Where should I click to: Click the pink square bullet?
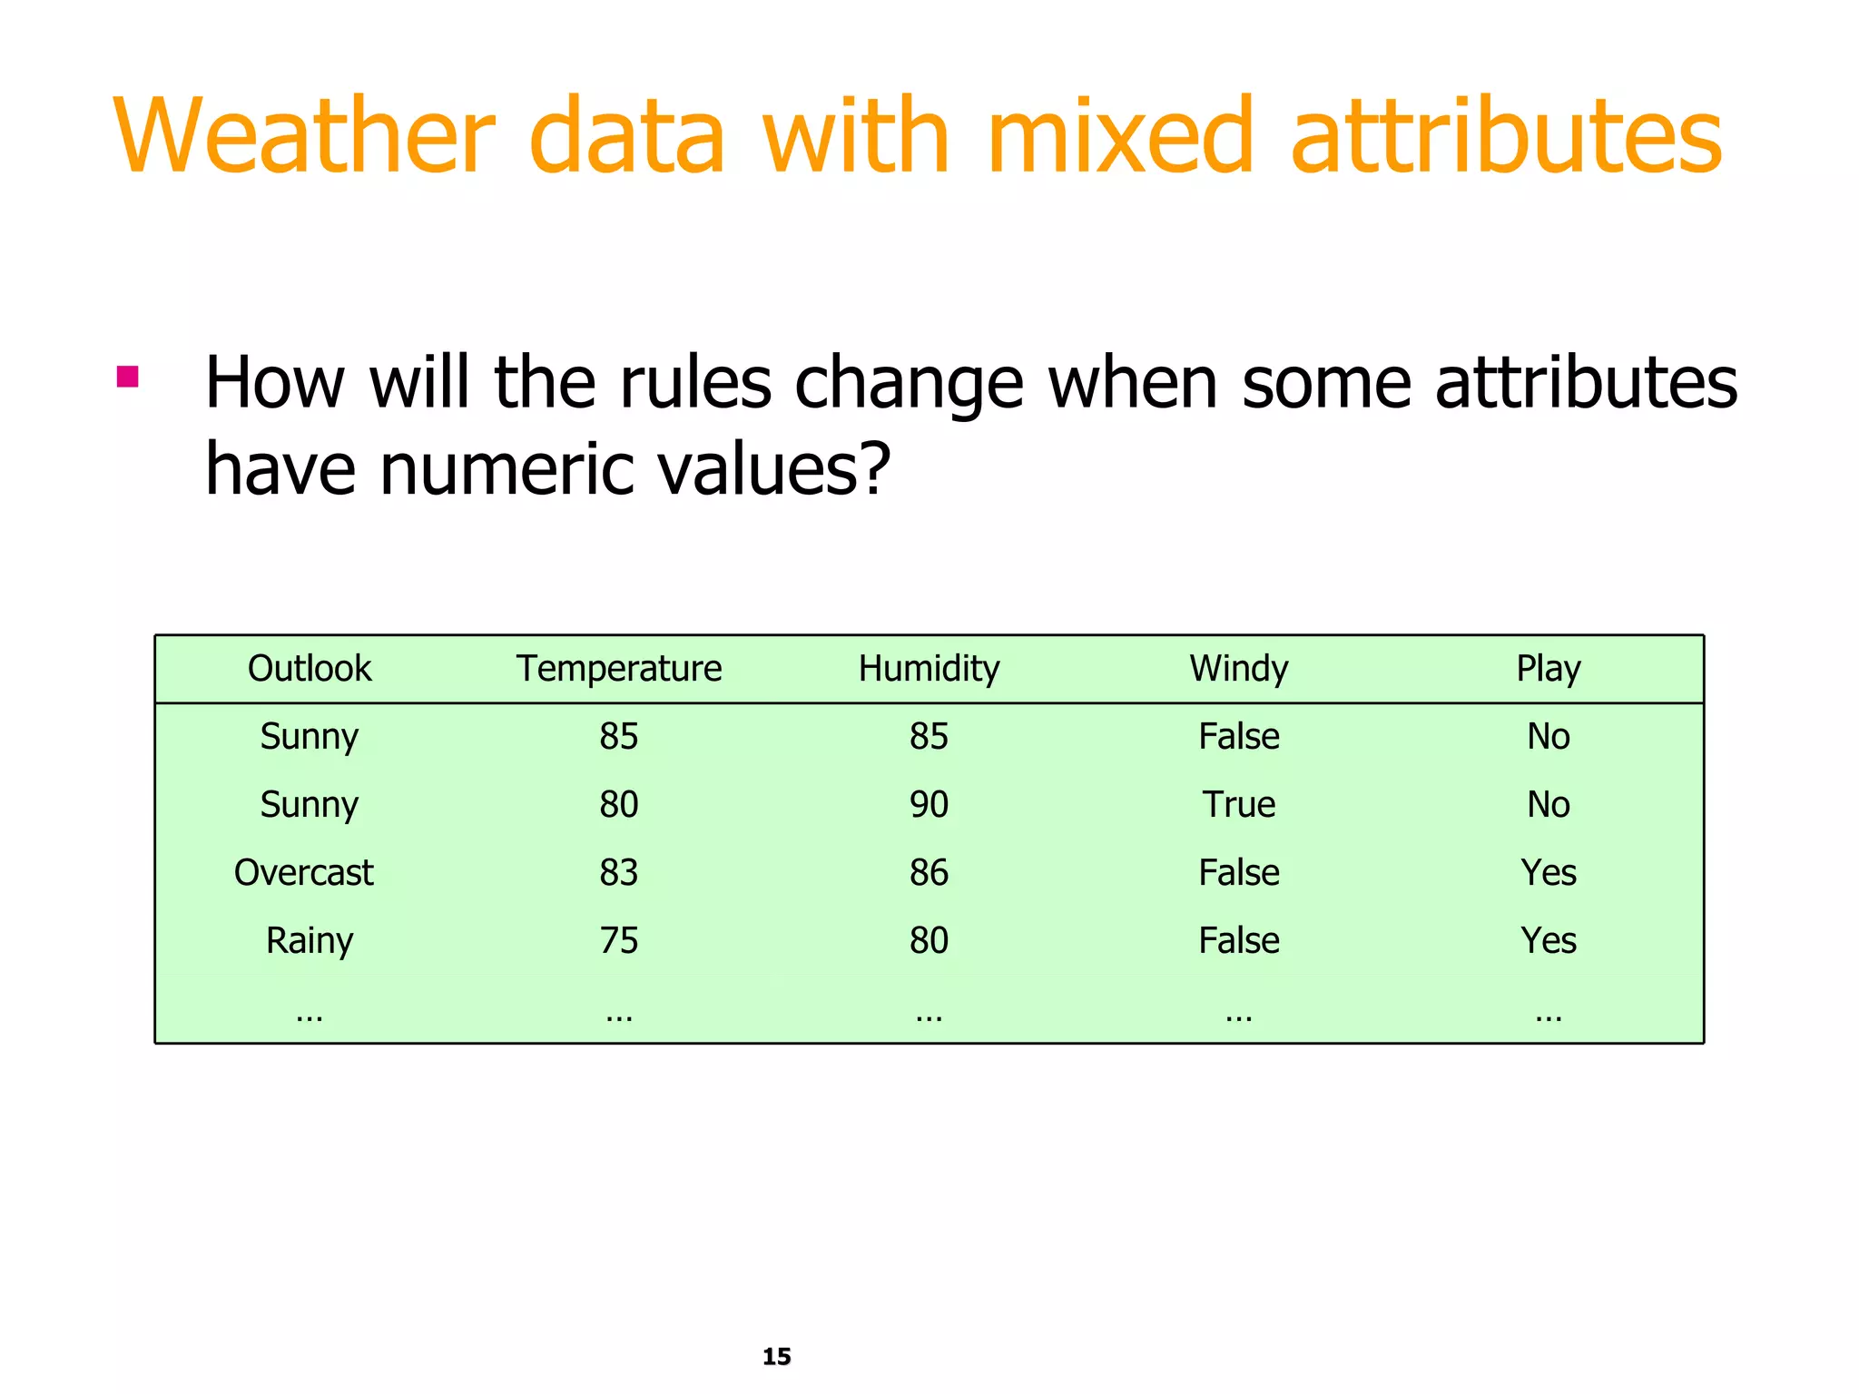pyautogui.click(x=128, y=376)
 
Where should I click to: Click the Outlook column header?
pyautogui.click(x=310, y=669)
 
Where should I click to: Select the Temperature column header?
pyautogui.click(x=619, y=669)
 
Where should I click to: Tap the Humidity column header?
pyautogui.click(x=929, y=669)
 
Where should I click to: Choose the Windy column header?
pyautogui.click(x=1239, y=669)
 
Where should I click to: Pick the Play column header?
pyautogui.click(x=1549, y=669)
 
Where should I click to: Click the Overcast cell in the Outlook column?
pyautogui.click(x=304, y=873)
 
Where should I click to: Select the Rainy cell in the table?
pyautogui.click(x=310, y=941)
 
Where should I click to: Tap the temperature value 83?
pyautogui.click(x=619, y=873)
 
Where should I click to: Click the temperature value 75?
pyautogui.click(x=619, y=941)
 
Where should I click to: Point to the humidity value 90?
pyautogui.click(x=929, y=805)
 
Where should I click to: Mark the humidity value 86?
pyautogui.click(x=929, y=873)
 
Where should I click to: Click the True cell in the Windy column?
pyautogui.click(x=1239, y=805)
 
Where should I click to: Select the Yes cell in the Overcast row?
pyautogui.click(x=1549, y=873)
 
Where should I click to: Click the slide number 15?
pyautogui.click(x=777, y=1357)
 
